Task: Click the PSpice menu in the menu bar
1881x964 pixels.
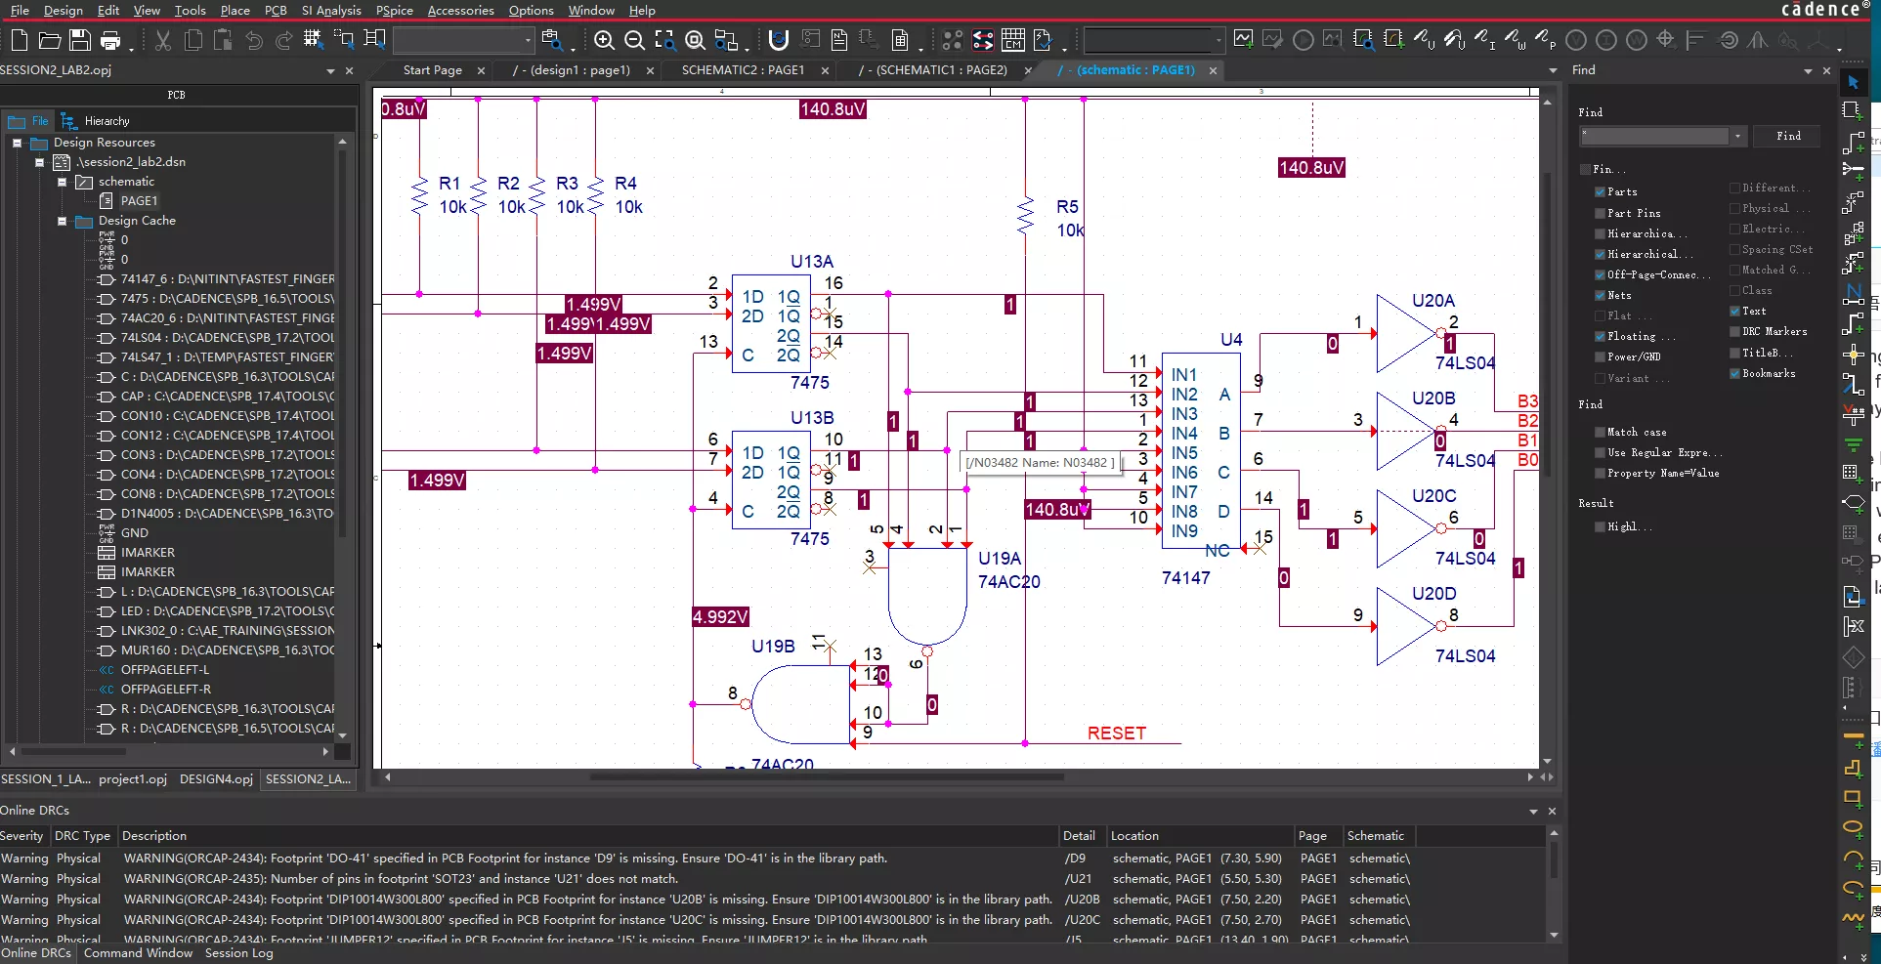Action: [x=394, y=10]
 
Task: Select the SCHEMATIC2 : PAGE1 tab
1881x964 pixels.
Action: [x=742, y=70]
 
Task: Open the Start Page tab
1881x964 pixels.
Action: [x=432, y=70]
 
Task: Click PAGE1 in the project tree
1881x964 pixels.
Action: [x=139, y=201]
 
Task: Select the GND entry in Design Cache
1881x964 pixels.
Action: [x=135, y=533]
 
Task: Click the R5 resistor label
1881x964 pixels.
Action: [x=1067, y=207]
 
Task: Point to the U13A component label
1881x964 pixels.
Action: [x=811, y=262]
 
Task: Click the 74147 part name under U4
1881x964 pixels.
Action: [x=1185, y=578]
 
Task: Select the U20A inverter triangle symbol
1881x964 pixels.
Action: [x=1402, y=334]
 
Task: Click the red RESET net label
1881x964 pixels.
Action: [x=1116, y=733]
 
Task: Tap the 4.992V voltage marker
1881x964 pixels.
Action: [x=720, y=617]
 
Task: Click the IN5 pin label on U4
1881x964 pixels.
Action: [x=1183, y=453]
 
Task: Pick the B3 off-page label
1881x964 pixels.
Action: [x=1526, y=401]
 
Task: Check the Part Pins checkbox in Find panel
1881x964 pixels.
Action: [x=1600, y=213]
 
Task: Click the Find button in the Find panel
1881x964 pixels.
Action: [x=1787, y=136]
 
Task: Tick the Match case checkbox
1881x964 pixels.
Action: [x=1600, y=432]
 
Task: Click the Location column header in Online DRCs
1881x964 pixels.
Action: [x=1133, y=836]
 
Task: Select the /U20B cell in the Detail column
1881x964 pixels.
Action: [x=1082, y=900]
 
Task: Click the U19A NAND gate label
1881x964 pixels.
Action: [x=999, y=559]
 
